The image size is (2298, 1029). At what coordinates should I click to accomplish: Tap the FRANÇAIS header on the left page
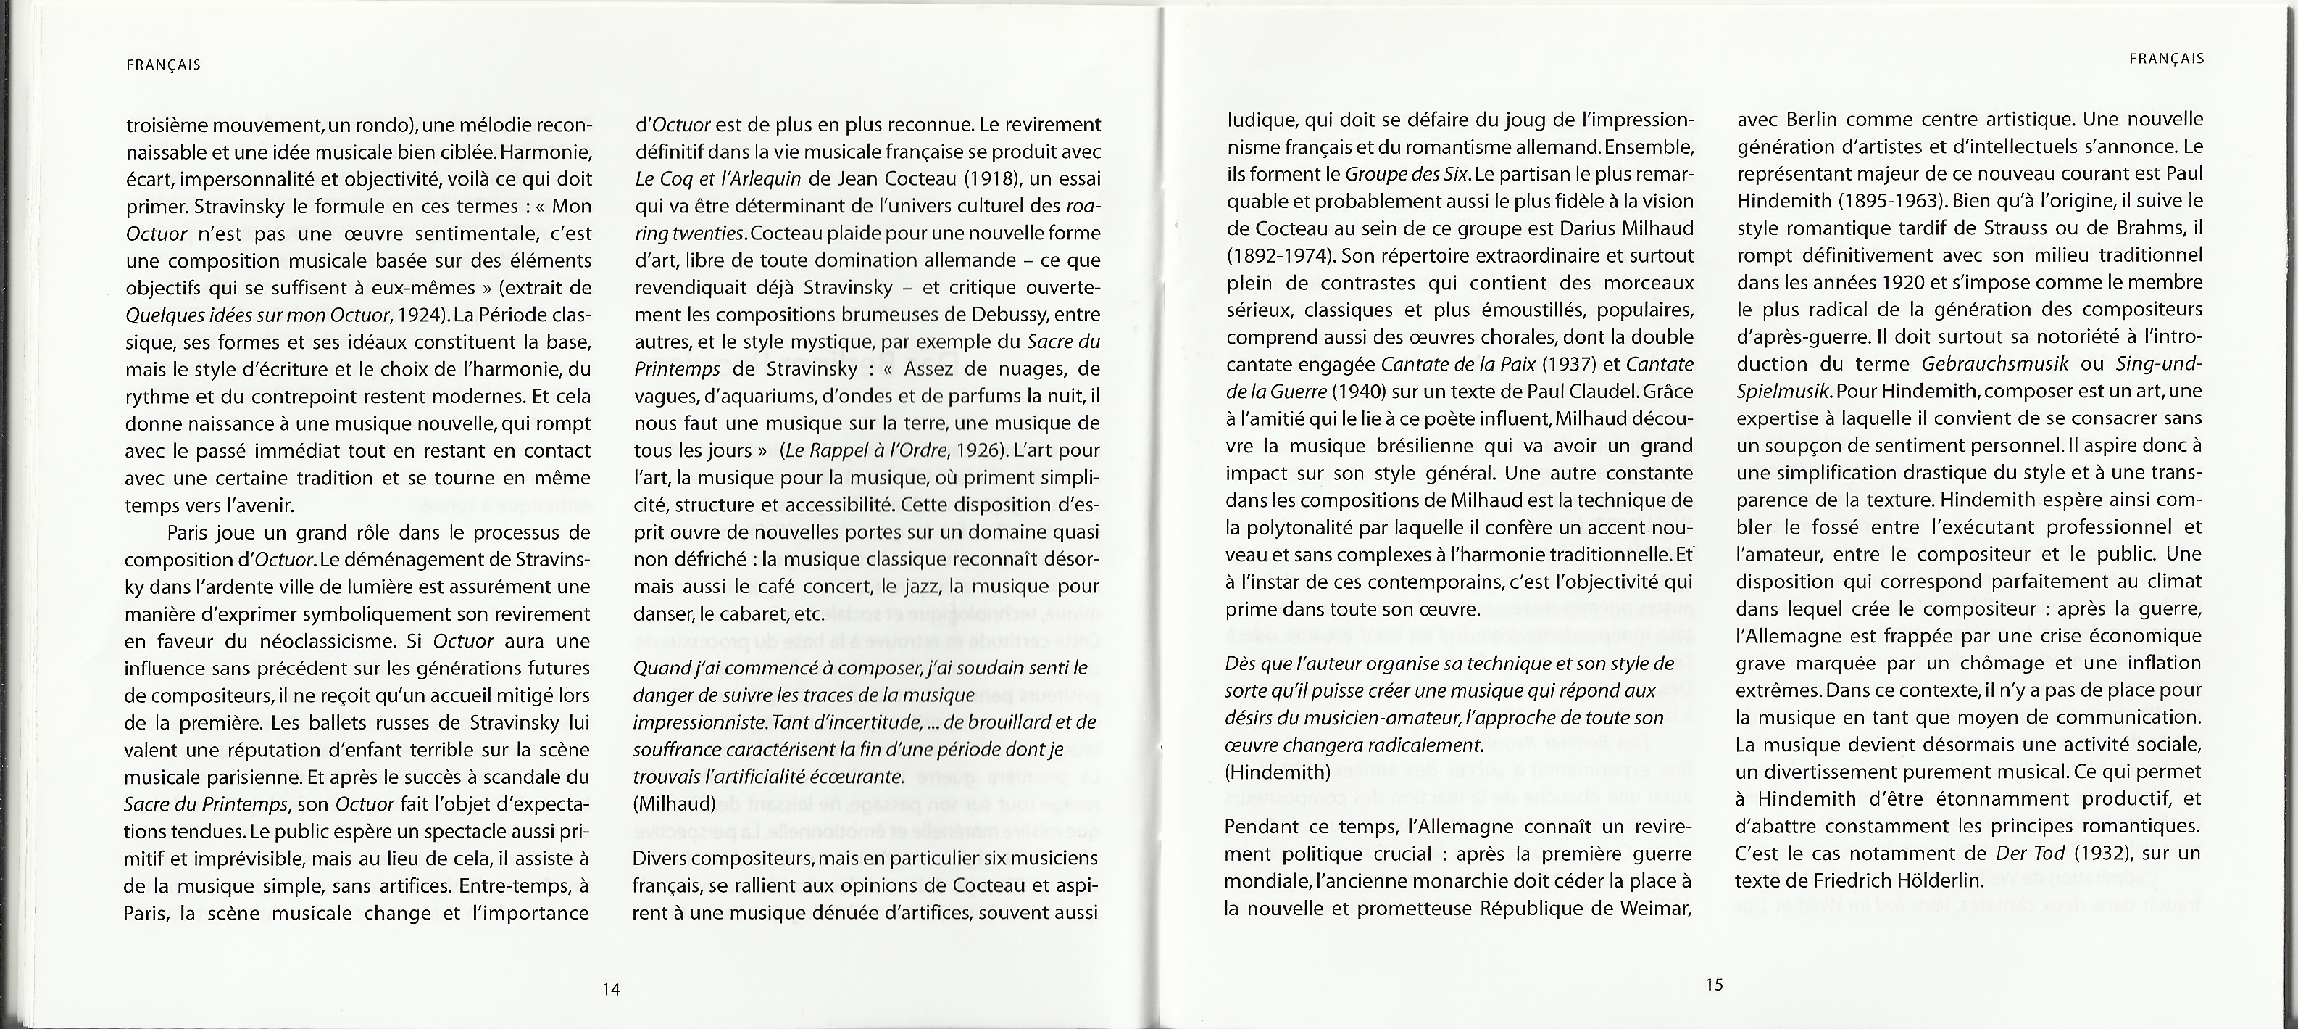[163, 65]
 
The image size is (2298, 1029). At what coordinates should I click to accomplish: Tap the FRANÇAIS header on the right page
[2166, 59]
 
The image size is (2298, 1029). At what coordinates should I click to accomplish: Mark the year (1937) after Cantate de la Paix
[1573, 364]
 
